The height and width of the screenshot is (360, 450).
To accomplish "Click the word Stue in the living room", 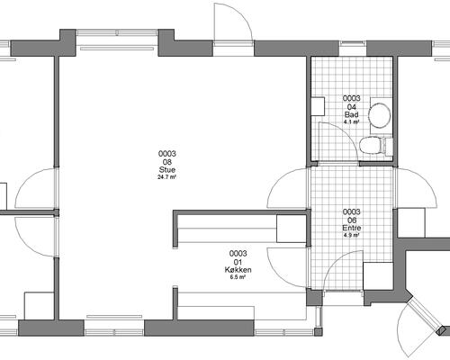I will click(166, 168).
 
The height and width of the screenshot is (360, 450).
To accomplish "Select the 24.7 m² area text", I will click(166, 176).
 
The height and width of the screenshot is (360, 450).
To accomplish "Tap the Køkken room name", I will click(238, 270).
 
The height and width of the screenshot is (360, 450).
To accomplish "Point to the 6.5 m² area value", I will click(238, 278).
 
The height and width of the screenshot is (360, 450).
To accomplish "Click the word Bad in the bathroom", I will click(352, 113).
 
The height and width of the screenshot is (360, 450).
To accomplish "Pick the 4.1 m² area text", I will click(352, 121).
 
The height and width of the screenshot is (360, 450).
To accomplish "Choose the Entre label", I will click(352, 229).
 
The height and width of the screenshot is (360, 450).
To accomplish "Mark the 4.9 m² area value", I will click(352, 236).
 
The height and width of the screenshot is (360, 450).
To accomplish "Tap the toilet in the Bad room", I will click(373, 145).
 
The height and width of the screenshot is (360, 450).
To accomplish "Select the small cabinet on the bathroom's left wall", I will click(317, 105).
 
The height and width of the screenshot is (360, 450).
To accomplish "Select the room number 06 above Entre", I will click(352, 220).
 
